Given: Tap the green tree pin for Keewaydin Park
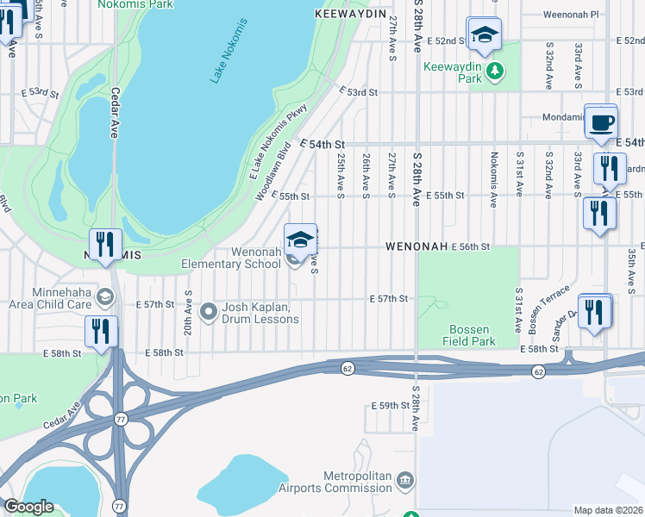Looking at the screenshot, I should (x=494, y=71).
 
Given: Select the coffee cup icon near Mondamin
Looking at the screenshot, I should (x=601, y=121).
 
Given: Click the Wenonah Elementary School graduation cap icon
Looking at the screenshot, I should (x=300, y=239).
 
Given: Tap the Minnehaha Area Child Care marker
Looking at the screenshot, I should (x=104, y=297).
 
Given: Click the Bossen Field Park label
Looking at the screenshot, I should (x=470, y=336).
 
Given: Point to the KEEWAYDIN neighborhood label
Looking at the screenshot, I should (x=348, y=15).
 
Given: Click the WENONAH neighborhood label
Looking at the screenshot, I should (x=416, y=246).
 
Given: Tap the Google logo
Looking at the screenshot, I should (x=28, y=507).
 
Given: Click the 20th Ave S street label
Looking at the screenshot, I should (x=187, y=312).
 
